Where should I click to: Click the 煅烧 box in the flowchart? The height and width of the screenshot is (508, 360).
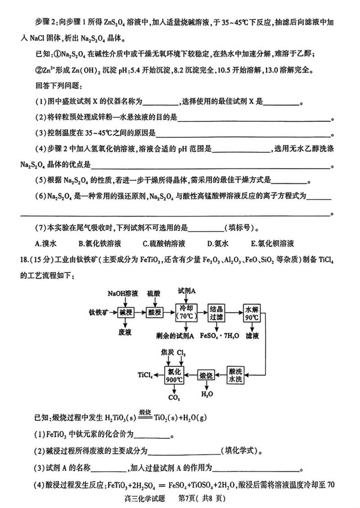tap(206, 374)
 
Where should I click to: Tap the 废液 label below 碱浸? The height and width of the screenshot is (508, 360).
tap(125, 331)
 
